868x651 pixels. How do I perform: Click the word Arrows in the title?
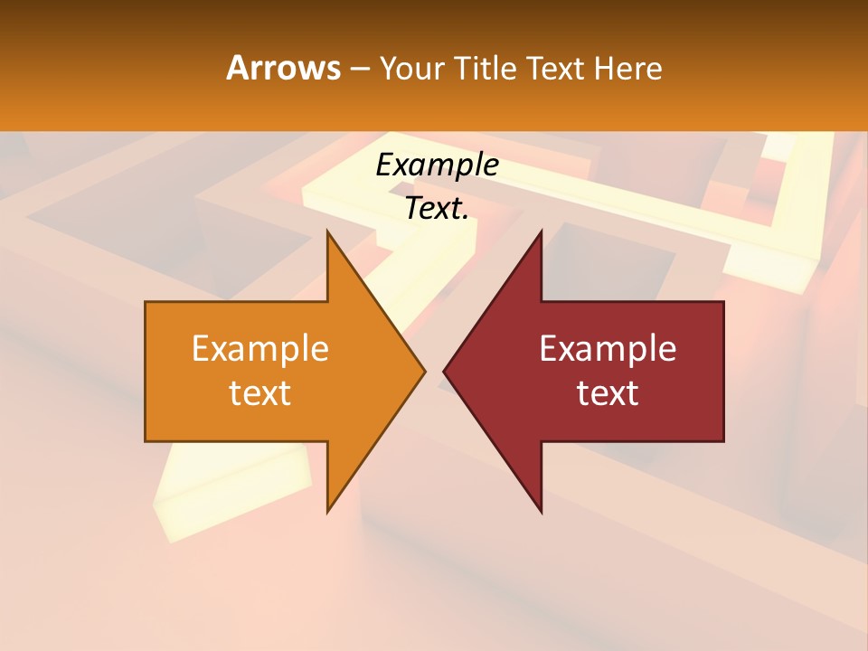click(283, 68)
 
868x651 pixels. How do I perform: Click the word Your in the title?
click(411, 68)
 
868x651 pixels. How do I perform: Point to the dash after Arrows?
click(359, 69)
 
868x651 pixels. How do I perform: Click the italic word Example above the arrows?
click(437, 165)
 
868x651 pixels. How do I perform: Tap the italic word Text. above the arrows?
click(437, 209)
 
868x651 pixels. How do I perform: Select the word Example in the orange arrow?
click(260, 348)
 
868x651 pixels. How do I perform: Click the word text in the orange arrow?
click(260, 392)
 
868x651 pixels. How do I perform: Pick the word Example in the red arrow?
click(608, 348)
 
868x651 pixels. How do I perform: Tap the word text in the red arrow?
click(608, 392)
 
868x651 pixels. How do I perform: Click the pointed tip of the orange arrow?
click(425, 371)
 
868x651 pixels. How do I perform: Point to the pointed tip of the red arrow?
click(443, 371)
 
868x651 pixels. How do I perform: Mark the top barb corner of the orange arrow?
click(327, 231)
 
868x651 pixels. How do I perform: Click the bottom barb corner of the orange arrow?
click(327, 513)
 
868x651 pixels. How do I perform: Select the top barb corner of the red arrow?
click(542, 231)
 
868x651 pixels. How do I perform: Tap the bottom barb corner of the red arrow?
click(542, 513)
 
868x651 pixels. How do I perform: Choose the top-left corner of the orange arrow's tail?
click(146, 302)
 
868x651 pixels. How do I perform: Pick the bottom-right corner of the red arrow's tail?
click(723, 441)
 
